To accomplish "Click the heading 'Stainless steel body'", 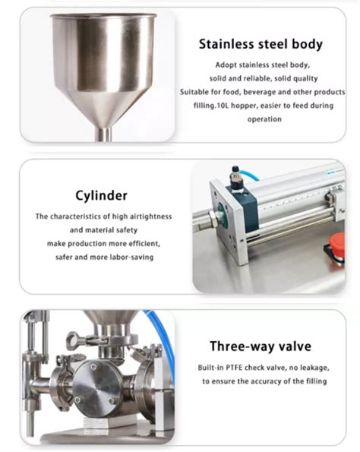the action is (261, 44).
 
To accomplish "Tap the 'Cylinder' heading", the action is (101, 196).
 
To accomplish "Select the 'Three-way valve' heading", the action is (261, 346).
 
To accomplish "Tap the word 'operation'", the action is (264, 119).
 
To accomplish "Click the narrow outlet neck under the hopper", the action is (104, 134).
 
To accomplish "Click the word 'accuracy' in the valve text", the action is (266, 381).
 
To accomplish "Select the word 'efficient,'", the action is (144, 244).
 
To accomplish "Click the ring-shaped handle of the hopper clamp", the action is (74, 340).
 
